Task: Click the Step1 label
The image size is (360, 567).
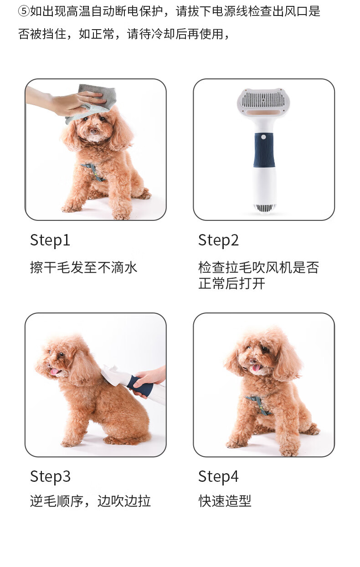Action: (x=50, y=240)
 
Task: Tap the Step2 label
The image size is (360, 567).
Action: (x=218, y=240)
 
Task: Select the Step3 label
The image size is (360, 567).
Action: (x=50, y=477)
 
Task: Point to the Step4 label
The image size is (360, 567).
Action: (x=218, y=477)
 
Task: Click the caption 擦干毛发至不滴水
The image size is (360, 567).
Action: (x=83, y=267)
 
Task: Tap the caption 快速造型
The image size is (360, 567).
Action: (x=225, y=501)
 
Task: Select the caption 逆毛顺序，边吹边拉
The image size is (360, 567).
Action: (x=90, y=501)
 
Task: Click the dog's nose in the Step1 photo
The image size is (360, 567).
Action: (x=93, y=131)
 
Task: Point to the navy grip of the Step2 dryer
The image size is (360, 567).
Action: (x=264, y=150)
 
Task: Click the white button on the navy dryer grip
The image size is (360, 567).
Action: (x=263, y=137)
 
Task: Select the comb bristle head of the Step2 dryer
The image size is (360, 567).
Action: (x=263, y=100)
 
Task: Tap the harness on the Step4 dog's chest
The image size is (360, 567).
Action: (x=258, y=405)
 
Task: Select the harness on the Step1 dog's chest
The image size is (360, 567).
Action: (x=94, y=172)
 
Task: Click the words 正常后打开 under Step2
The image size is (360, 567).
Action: (x=231, y=283)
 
